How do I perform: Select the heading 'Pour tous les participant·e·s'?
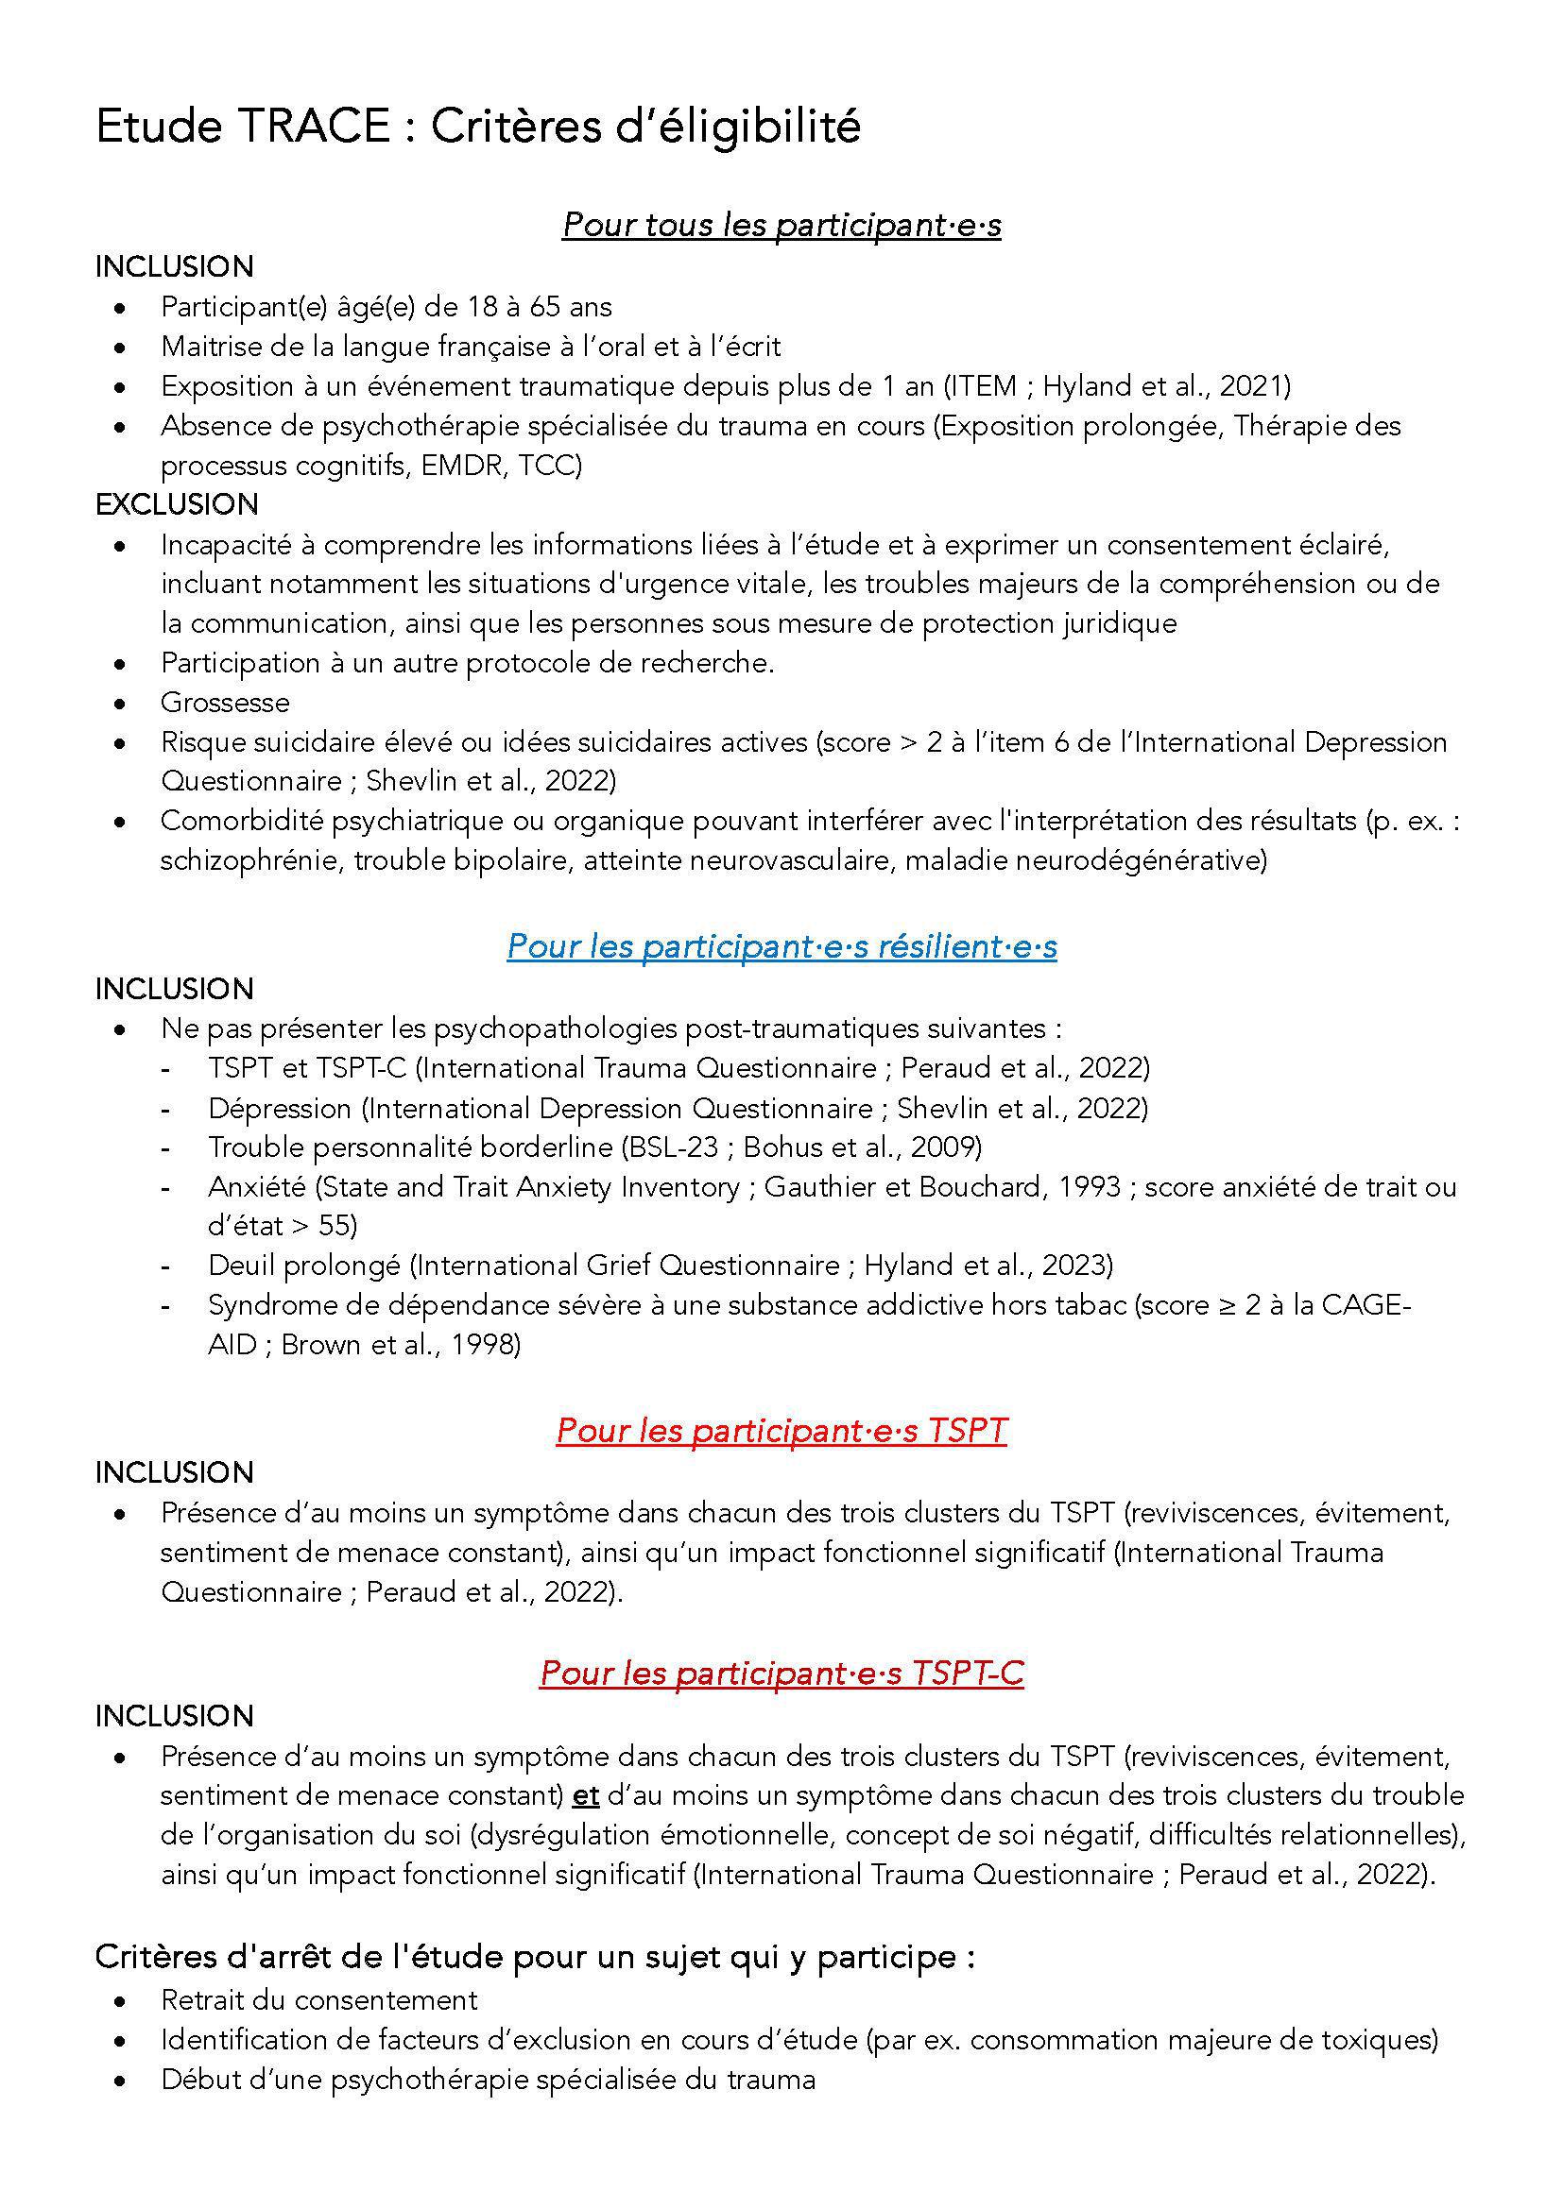pyautogui.click(x=781, y=224)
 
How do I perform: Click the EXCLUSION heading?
pyautogui.click(x=176, y=504)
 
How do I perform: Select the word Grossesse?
pyautogui.click(x=225, y=703)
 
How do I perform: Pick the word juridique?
pyautogui.click(x=1119, y=623)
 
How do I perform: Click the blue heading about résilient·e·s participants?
pyautogui.click(x=781, y=945)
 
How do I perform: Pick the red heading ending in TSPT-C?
pyautogui.click(x=781, y=1674)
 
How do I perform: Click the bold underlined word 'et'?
pyautogui.click(x=585, y=1795)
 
